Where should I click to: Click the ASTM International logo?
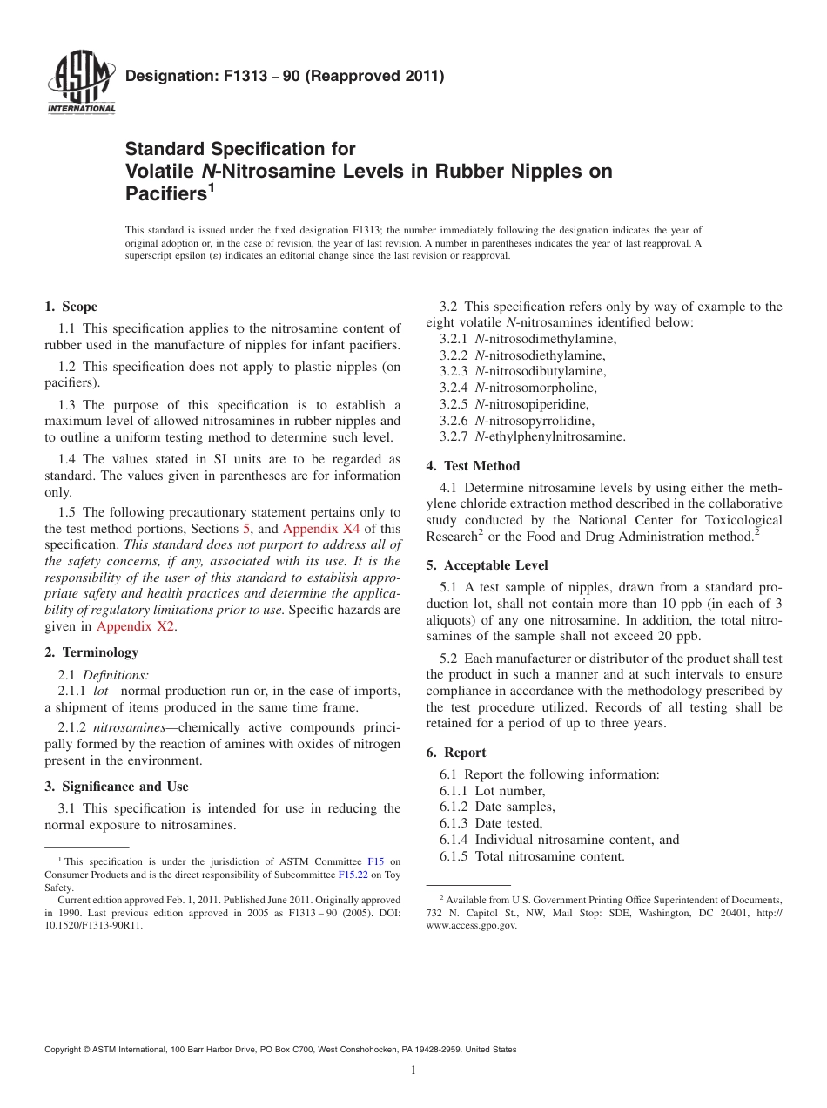[x=81, y=84]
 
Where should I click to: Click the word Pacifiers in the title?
[x=165, y=193]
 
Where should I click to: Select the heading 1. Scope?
[x=71, y=307]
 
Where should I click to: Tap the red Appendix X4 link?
[x=319, y=529]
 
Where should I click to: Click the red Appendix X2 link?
[x=136, y=626]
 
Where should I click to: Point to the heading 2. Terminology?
[x=91, y=652]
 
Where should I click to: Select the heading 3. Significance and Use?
[x=117, y=787]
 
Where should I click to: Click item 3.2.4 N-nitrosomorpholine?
[x=518, y=388]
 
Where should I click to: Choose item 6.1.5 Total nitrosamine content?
[x=532, y=856]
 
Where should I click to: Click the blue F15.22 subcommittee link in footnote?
[x=352, y=875]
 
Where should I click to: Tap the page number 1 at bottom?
[x=413, y=1071]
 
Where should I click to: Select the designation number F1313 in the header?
[x=252, y=76]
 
